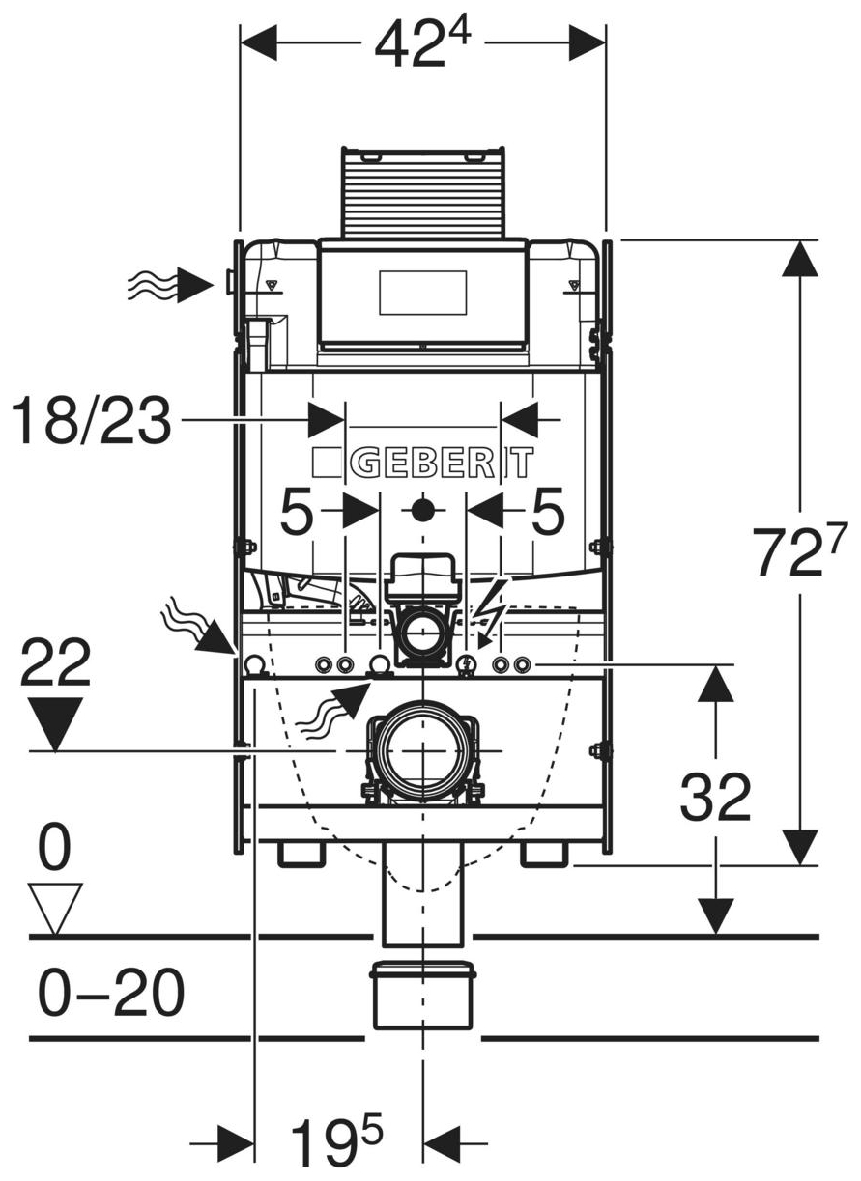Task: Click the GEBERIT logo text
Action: tap(422, 463)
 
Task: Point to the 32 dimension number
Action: tap(715, 798)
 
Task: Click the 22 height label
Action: tap(56, 662)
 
